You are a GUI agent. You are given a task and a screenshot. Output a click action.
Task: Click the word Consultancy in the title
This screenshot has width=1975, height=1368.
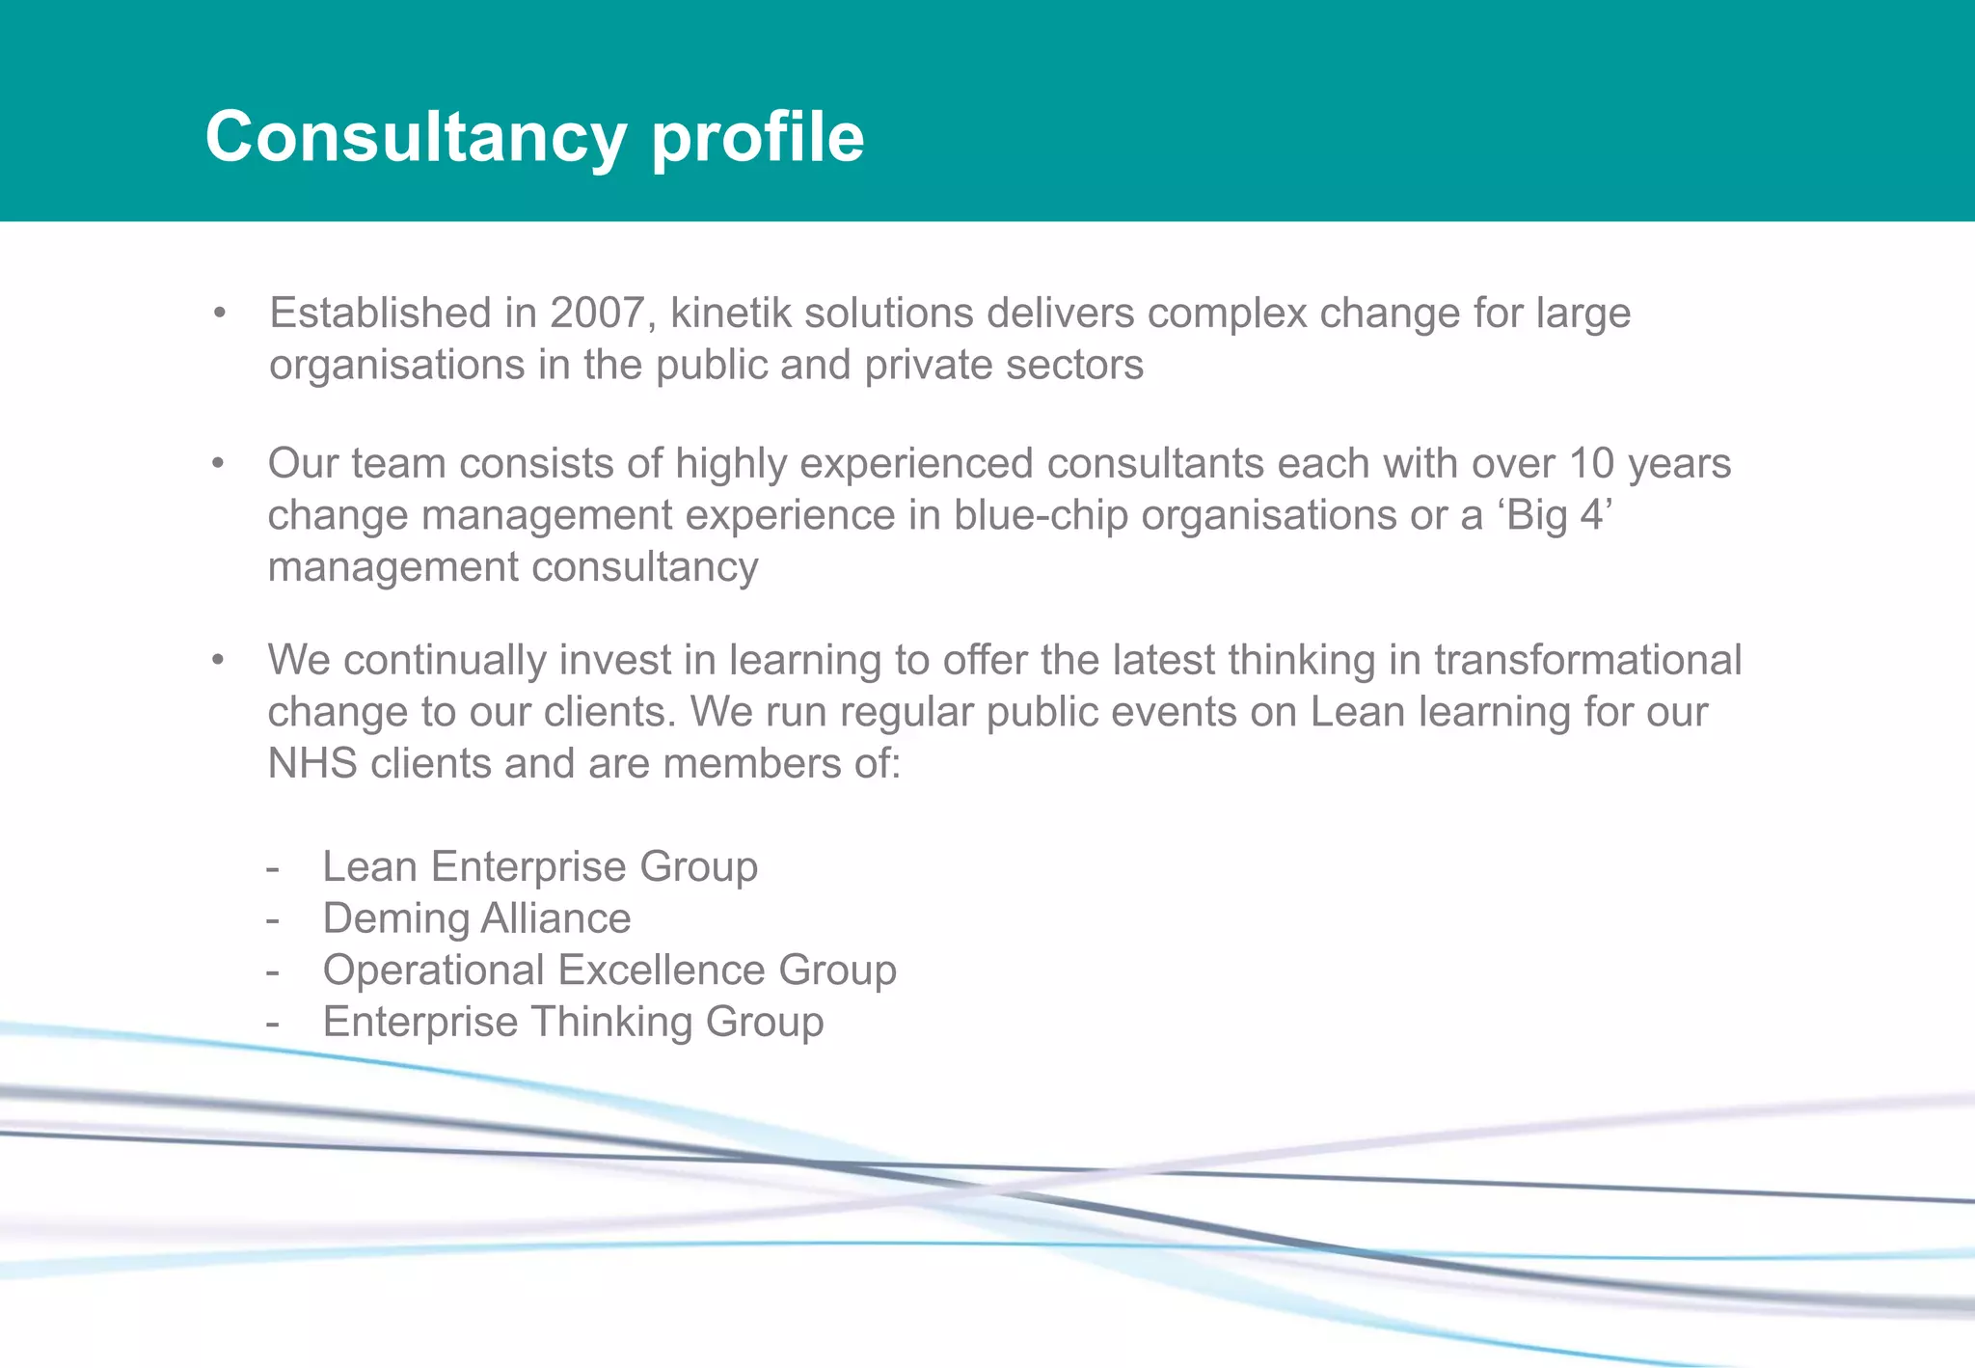click(417, 137)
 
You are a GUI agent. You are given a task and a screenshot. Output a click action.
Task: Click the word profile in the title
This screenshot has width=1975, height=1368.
click(758, 137)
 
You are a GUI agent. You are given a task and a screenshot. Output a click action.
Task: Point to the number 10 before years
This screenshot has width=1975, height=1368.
click(1591, 464)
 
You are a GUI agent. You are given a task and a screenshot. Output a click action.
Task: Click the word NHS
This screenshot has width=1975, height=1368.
click(312, 764)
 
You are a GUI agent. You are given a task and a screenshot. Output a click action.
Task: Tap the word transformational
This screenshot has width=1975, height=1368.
click(1587, 661)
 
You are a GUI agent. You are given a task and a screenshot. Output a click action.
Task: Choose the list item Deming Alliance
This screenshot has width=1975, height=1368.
click(476, 918)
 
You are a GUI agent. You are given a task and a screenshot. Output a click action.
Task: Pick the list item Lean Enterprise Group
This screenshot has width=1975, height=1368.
click(540, 866)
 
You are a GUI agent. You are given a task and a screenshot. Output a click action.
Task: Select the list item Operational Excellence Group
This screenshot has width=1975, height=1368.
click(609, 971)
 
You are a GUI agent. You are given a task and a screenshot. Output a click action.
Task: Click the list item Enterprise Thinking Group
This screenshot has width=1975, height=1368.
click(573, 1023)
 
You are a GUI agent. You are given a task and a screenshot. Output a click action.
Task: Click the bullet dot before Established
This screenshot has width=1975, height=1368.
click(220, 314)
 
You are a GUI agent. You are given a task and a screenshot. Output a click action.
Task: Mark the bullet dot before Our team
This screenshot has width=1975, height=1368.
click(219, 464)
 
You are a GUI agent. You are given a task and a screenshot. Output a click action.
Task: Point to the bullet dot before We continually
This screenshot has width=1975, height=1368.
click(219, 661)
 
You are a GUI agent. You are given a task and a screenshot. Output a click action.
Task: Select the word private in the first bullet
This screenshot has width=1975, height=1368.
click(928, 366)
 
